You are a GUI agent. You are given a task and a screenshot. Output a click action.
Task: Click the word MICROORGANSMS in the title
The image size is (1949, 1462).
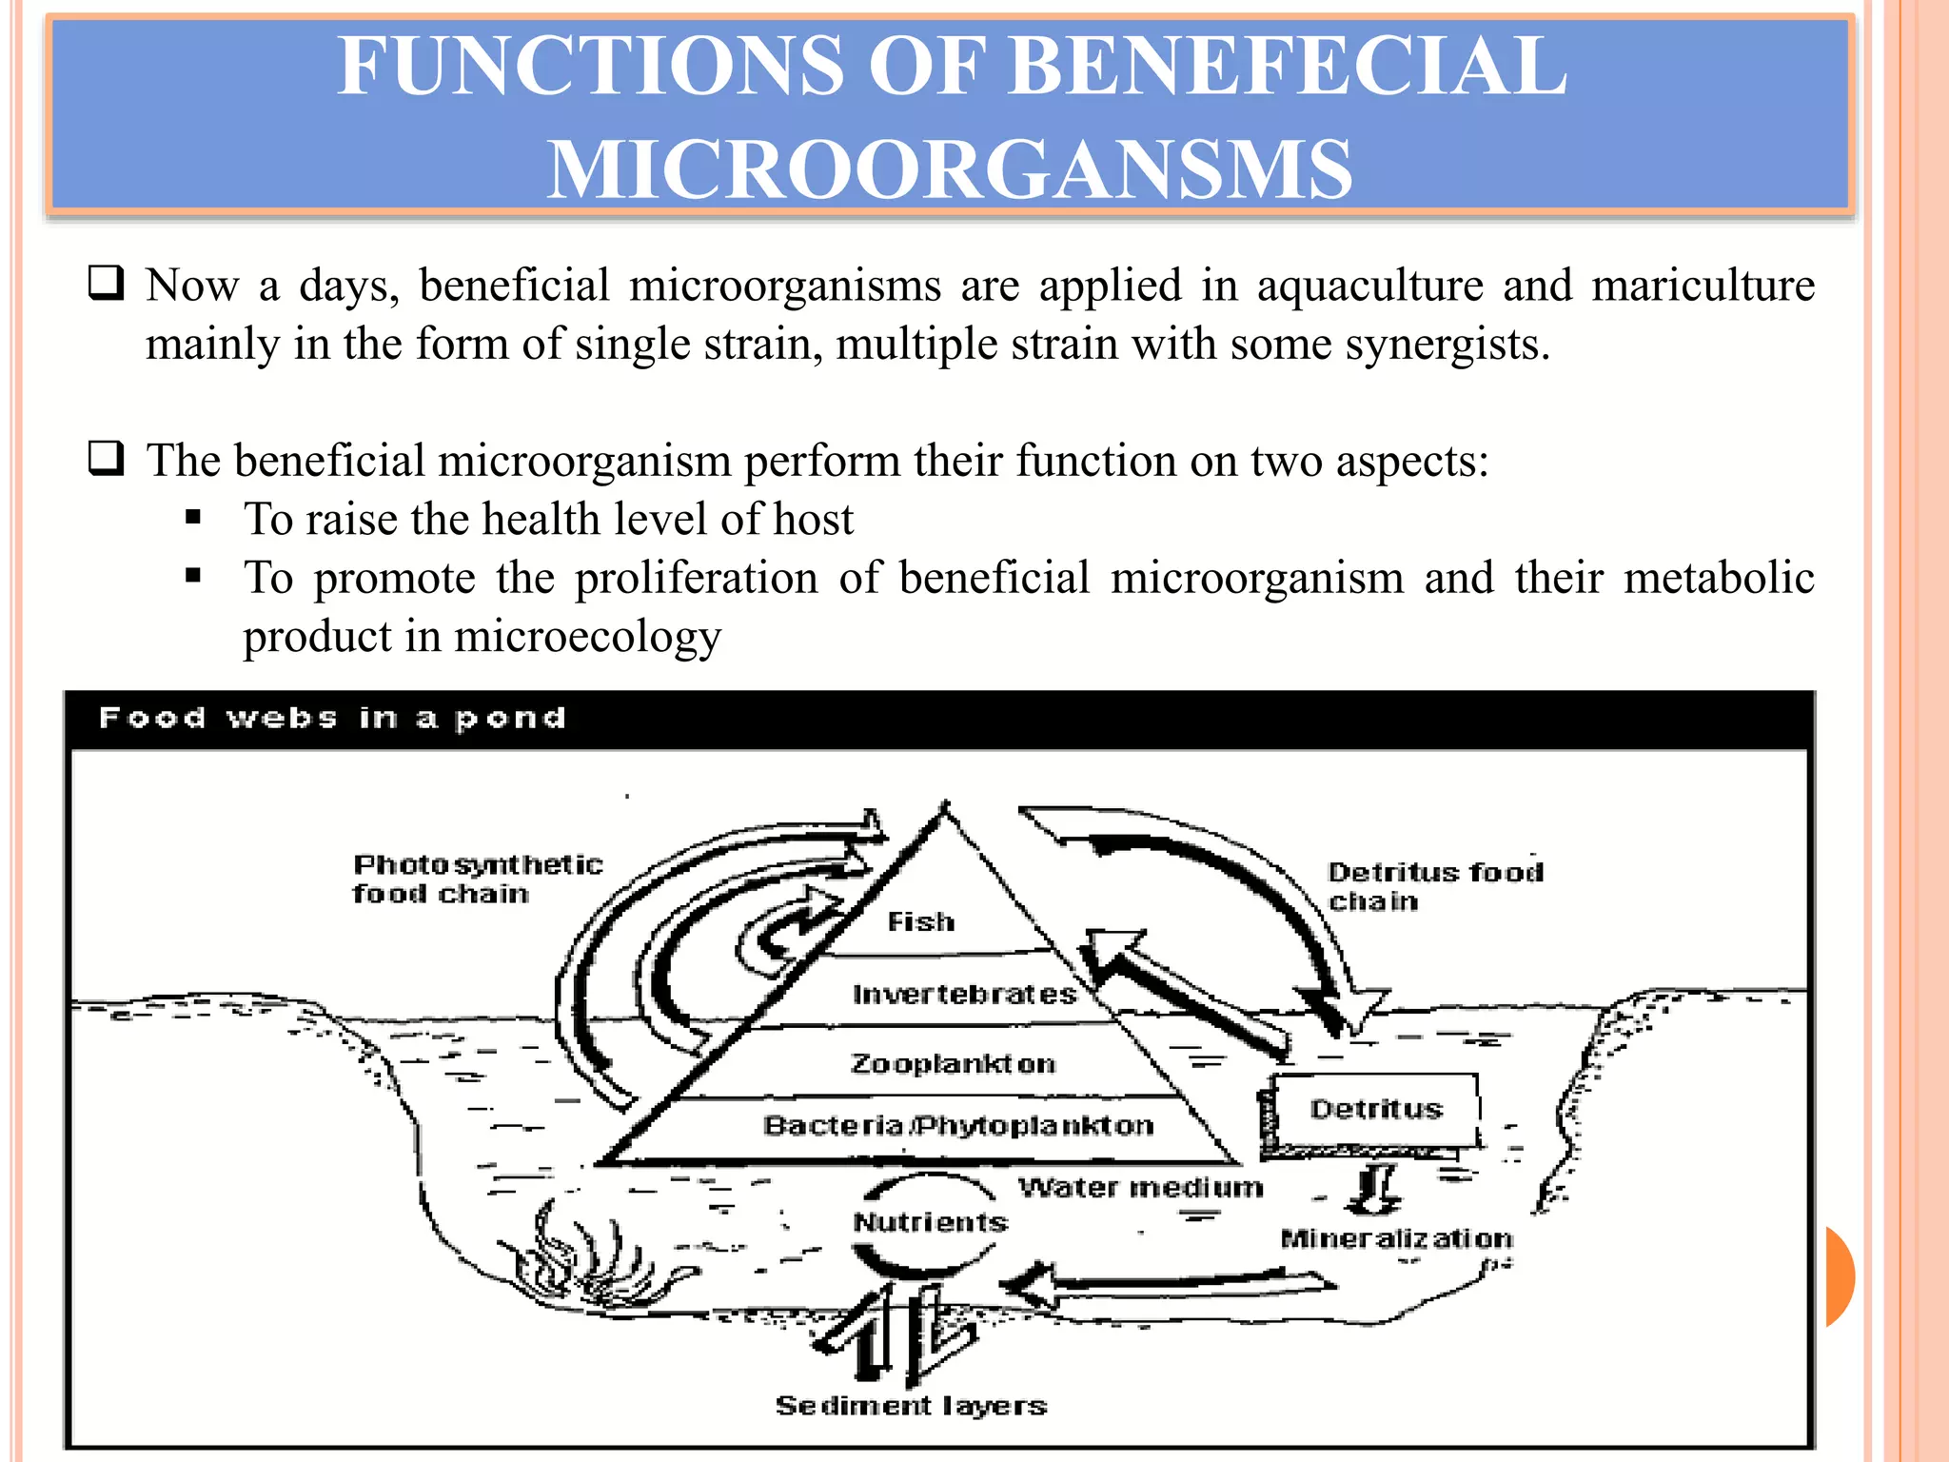(949, 168)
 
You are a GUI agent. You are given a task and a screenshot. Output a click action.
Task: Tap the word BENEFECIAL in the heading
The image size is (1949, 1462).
(1287, 66)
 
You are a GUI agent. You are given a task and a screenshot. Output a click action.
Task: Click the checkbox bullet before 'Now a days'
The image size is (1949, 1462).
(106, 284)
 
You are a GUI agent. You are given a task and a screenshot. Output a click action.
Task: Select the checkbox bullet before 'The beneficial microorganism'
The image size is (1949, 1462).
(106, 459)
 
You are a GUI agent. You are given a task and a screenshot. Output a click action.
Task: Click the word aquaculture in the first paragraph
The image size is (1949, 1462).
(1369, 286)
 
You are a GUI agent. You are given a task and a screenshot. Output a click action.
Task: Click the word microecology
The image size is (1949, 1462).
(587, 637)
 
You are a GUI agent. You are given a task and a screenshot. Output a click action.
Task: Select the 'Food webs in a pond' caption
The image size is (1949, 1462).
(332, 718)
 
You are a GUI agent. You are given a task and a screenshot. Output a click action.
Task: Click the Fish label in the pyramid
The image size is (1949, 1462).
(920, 921)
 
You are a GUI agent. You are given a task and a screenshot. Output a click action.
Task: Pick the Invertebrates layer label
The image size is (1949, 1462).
(964, 995)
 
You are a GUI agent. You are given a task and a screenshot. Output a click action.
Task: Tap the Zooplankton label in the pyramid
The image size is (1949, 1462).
(953, 1063)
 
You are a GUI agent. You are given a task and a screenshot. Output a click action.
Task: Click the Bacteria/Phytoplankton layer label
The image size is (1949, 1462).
(958, 1126)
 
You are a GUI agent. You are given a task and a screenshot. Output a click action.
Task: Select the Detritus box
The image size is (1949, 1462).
(1376, 1110)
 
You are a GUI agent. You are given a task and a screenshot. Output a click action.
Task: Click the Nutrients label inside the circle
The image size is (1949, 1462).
(930, 1222)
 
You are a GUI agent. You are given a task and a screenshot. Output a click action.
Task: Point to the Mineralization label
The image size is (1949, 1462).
(1396, 1238)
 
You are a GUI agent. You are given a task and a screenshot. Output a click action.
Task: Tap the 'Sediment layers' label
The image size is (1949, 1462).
(911, 1406)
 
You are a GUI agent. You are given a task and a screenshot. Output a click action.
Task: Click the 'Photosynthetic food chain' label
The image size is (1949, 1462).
(477, 879)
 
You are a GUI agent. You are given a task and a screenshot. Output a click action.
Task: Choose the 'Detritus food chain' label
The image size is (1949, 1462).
(1434, 886)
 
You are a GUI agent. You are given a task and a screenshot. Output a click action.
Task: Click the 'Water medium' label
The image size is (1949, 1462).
(1140, 1188)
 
